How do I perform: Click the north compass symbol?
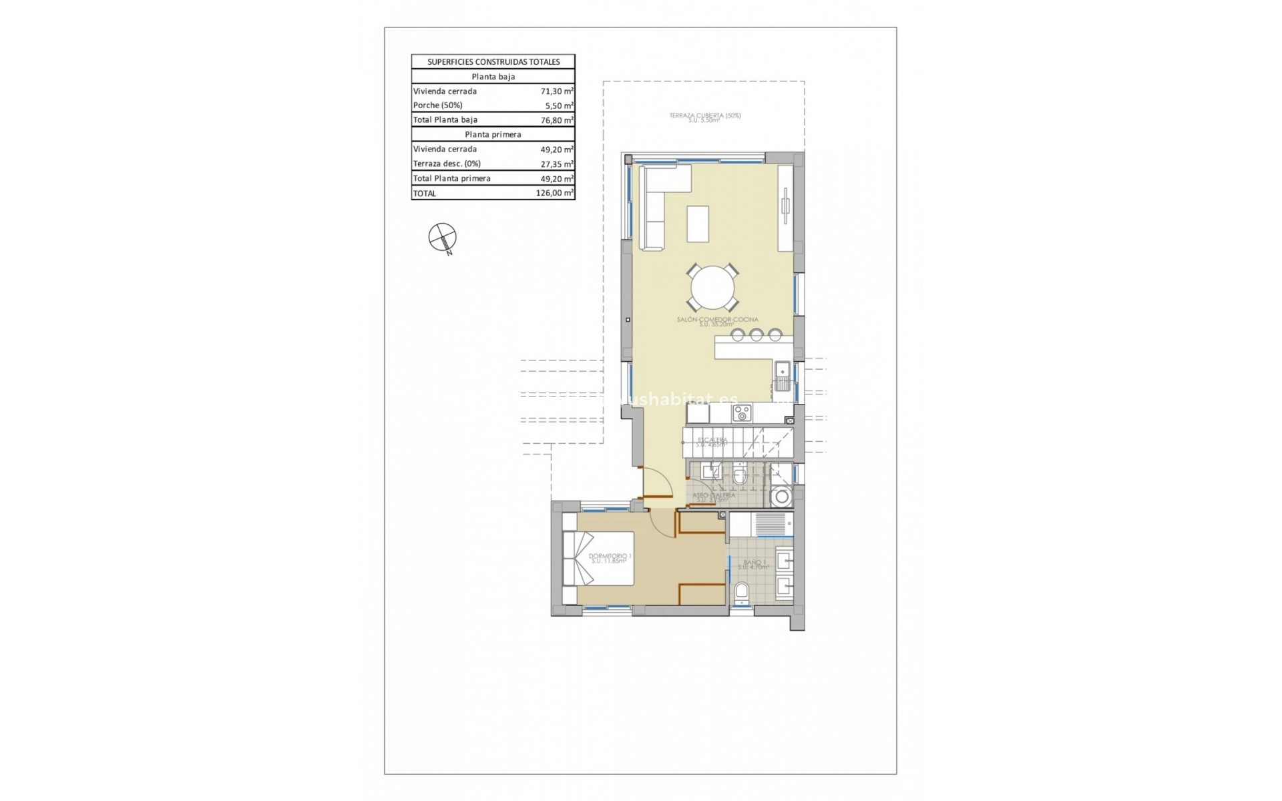pyautogui.click(x=442, y=238)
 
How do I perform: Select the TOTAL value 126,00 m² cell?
pyautogui.click(x=554, y=194)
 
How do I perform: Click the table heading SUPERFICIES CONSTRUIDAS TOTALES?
pyautogui.click(x=493, y=62)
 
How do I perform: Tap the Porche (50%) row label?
pyautogui.click(x=438, y=105)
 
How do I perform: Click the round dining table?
pyautogui.click(x=713, y=289)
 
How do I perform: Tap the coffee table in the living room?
pyautogui.click(x=698, y=224)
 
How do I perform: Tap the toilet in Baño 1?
pyautogui.click(x=740, y=593)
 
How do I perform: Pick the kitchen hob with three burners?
pyautogui.click(x=741, y=415)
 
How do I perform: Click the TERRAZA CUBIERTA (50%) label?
pyautogui.click(x=705, y=116)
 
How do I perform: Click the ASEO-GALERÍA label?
pyautogui.click(x=714, y=496)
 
